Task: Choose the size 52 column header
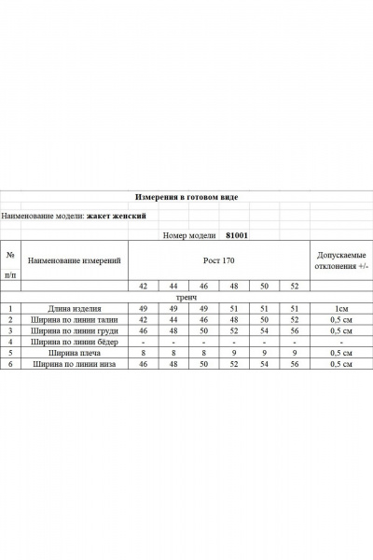(295, 287)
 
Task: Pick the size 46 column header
(203, 287)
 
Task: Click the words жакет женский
(117, 215)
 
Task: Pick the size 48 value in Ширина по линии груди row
(173, 330)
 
